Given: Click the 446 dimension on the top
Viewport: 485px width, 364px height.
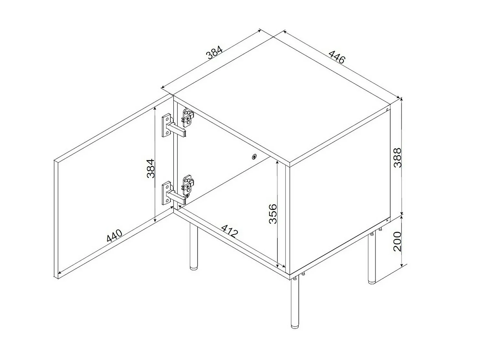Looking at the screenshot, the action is click(337, 57).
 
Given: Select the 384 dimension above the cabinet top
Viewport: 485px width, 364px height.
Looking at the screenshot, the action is click(214, 52).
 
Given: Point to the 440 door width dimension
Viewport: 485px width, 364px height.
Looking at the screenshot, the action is click(114, 236).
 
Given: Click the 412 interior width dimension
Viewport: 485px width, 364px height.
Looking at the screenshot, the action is click(230, 231).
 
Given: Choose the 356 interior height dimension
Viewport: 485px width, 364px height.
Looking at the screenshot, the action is click(273, 214).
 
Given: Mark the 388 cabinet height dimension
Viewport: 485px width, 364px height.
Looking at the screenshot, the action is click(397, 158).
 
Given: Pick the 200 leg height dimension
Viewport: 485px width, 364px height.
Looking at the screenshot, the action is click(397, 242).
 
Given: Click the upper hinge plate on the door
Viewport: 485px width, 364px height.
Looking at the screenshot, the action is click(167, 126).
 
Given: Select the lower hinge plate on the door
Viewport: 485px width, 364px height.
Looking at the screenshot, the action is click(167, 193).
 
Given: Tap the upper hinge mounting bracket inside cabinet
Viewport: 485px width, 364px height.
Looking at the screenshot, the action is click(188, 117).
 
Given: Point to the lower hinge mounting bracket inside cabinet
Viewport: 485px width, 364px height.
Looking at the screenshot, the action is click(188, 185).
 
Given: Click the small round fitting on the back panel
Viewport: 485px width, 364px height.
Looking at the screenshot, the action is click(254, 157).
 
